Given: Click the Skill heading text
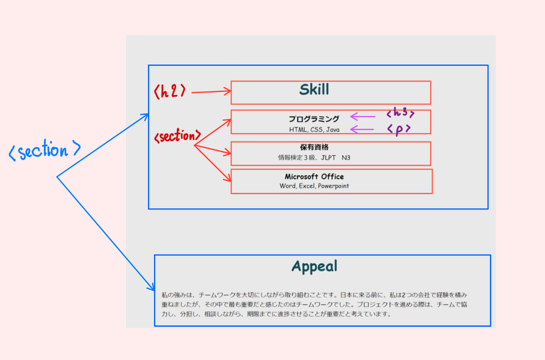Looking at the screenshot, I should click(x=314, y=90).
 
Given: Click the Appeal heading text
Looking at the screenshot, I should click(x=314, y=266).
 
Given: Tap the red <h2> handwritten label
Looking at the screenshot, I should click(x=170, y=92).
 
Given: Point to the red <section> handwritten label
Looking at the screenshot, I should click(x=177, y=137).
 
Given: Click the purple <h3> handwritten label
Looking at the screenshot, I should click(x=400, y=113).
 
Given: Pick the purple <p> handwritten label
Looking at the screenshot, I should click(x=399, y=129).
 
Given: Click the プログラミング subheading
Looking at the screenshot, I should click(x=314, y=119).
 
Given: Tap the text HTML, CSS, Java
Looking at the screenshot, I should click(x=314, y=130).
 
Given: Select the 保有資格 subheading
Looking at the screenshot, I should click(x=314, y=147).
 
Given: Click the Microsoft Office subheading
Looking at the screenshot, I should click(x=314, y=177).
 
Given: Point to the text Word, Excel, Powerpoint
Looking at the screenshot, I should click(x=314, y=186).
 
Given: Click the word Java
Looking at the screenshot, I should click(x=333, y=130).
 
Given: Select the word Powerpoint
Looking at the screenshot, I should click(x=333, y=186).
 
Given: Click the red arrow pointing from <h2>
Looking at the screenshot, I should click(x=211, y=92).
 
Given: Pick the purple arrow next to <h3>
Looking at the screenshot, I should click(x=363, y=117).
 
